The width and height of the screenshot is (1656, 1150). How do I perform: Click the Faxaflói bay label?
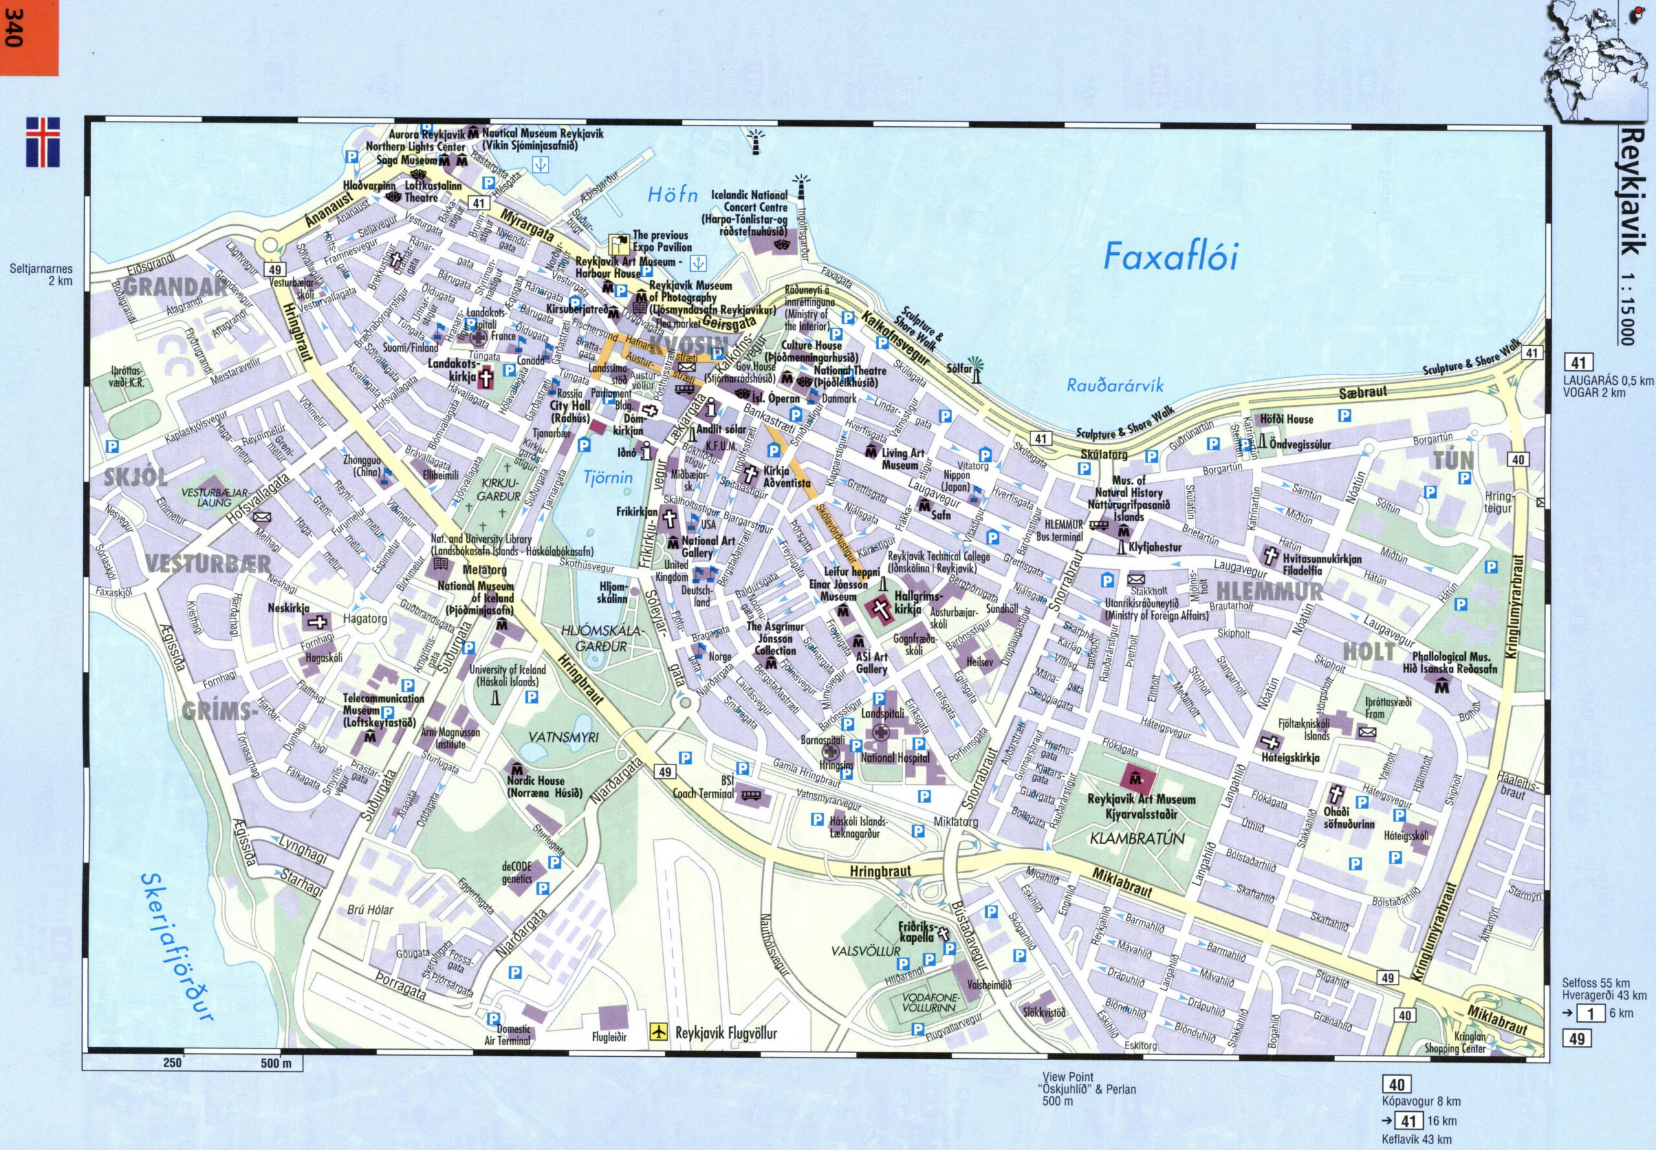tap(1170, 258)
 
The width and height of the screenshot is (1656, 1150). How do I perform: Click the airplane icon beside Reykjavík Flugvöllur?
tap(657, 1032)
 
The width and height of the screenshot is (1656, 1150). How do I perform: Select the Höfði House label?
tap(1287, 419)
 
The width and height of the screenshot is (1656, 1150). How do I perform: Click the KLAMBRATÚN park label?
tap(1137, 839)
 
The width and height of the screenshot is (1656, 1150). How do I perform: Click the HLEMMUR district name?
tap(1269, 592)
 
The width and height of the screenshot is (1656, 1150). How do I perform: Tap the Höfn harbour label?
tap(672, 195)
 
